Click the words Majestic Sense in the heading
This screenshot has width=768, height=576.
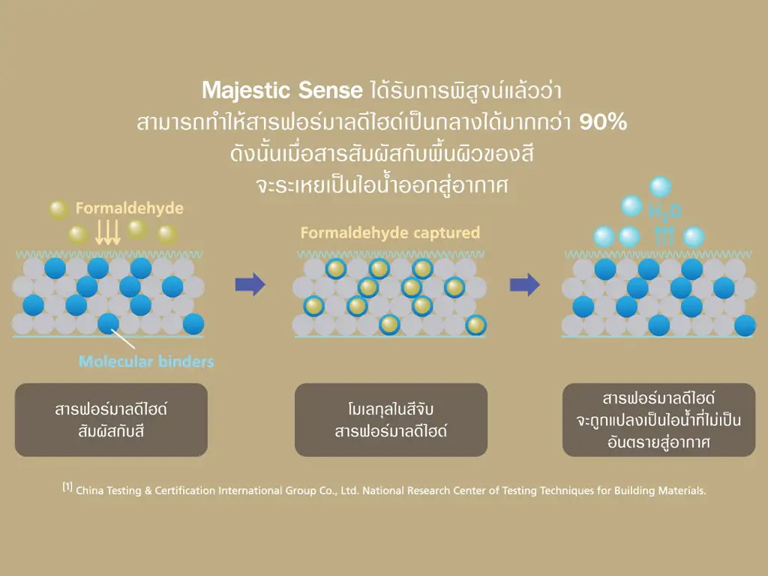[282, 91]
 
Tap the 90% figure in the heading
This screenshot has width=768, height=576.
[603, 122]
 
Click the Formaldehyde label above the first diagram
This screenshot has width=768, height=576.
[129, 208]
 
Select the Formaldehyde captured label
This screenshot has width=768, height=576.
[390, 232]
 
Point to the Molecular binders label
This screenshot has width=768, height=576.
[146, 361]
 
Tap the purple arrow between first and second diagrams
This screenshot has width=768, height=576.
[250, 284]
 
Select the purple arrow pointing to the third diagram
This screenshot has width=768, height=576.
[525, 284]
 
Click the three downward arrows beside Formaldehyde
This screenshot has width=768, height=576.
[107, 232]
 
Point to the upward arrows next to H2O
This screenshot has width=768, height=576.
[664, 236]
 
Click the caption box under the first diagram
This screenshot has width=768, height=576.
[111, 420]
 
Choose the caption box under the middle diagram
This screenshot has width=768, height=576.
[391, 420]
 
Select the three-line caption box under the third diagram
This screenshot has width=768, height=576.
[658, 420]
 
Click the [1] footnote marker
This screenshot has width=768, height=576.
[67, 486]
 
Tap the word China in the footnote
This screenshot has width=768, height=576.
[90, 490]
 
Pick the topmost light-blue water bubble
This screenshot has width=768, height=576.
[660, 187]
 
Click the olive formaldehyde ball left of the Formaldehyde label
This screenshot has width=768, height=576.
[58, 210]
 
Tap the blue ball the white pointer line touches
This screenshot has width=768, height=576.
[108, 324]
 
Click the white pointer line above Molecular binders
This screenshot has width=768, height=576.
[123, 338]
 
